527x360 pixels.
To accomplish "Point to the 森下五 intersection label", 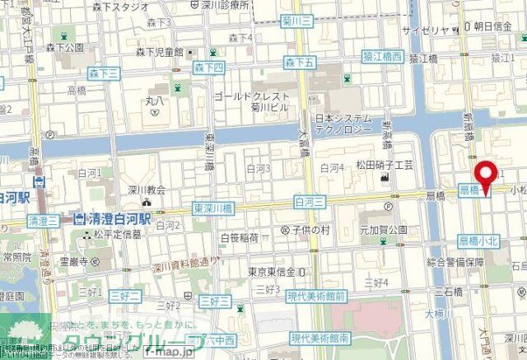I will (300, 62).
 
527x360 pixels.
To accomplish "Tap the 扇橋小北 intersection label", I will (478, 240).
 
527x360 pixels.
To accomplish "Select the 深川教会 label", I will (147, 189).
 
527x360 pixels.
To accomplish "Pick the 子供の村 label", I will (311, 229).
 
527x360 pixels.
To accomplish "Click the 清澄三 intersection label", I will (44, 221).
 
